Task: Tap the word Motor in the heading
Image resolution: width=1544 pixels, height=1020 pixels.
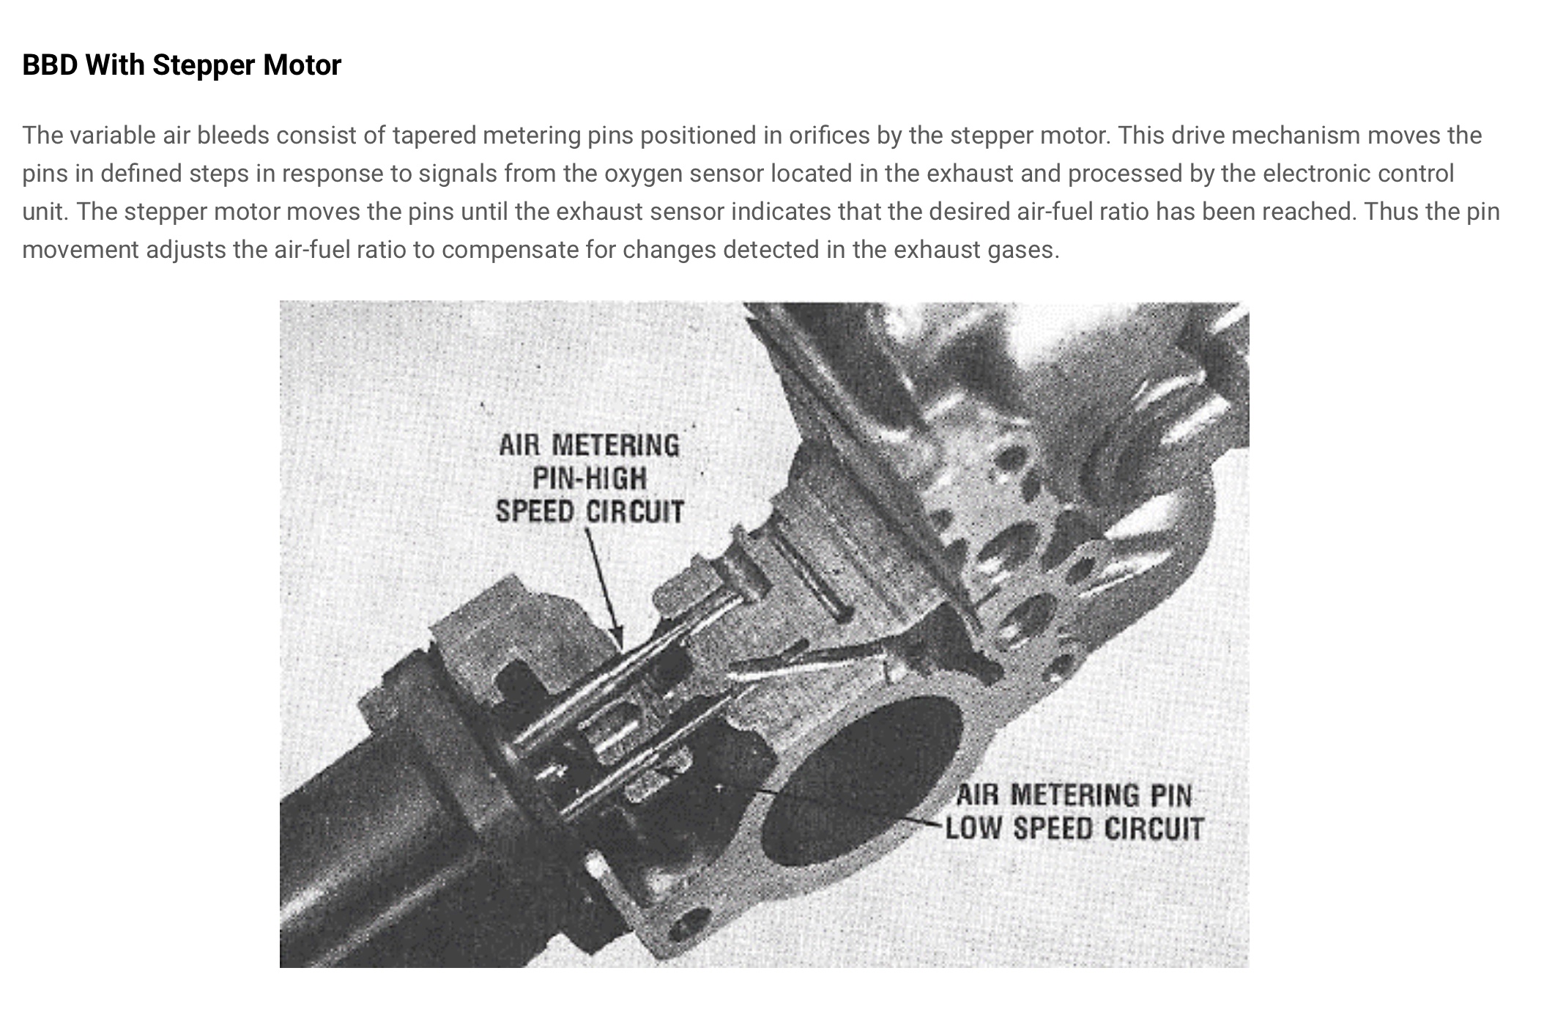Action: point(302,65)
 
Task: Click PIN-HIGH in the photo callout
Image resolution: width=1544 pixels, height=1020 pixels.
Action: point(590,479)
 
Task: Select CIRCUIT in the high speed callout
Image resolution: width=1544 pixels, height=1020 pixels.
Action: point(635,511)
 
